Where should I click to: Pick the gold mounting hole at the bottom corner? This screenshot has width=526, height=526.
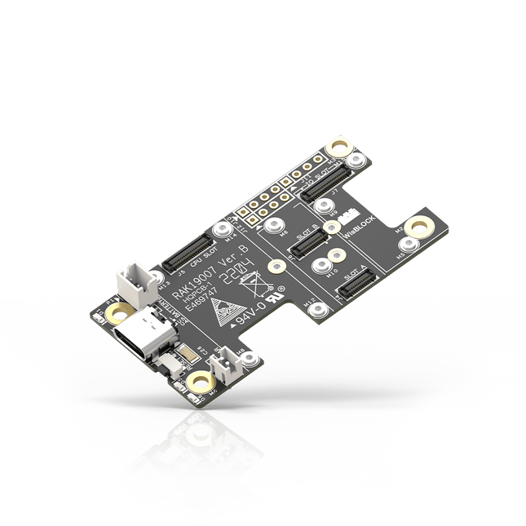coord(197,383)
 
